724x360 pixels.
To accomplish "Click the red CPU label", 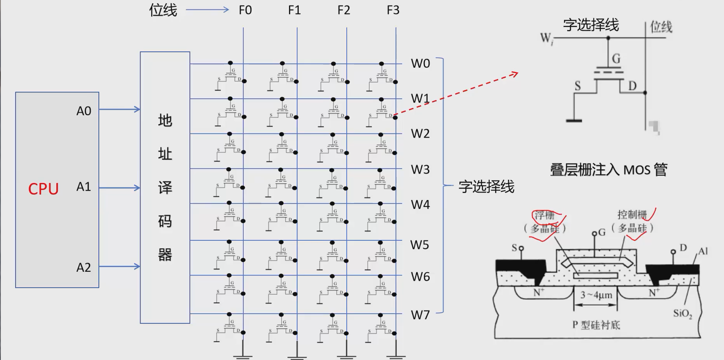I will pos(43,189).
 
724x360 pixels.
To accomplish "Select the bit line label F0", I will pos(245,10).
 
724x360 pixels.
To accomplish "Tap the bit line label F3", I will pos(393,10).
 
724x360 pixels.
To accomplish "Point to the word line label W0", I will pos(420,64).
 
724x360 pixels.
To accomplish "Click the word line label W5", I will pos(420,245).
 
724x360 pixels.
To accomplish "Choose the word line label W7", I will pos(420,315).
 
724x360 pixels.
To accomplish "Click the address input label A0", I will pos(84,111).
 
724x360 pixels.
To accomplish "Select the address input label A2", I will pos(84,267).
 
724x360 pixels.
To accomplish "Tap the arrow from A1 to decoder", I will pos(119,188).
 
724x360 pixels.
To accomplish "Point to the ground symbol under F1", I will pos(297,356).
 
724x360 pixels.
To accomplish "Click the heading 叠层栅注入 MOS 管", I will pos(608,170).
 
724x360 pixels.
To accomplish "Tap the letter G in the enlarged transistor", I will pos(616,59).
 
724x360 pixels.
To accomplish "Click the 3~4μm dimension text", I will pos(596,295).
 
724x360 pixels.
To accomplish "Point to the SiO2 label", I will pos(683,314).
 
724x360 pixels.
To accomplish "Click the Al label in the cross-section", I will pos(703,251).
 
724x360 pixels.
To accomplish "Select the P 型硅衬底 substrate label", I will pos(596,325).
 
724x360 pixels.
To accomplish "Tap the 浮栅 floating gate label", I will pos(544,215).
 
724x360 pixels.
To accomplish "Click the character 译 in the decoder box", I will pos(165,187).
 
